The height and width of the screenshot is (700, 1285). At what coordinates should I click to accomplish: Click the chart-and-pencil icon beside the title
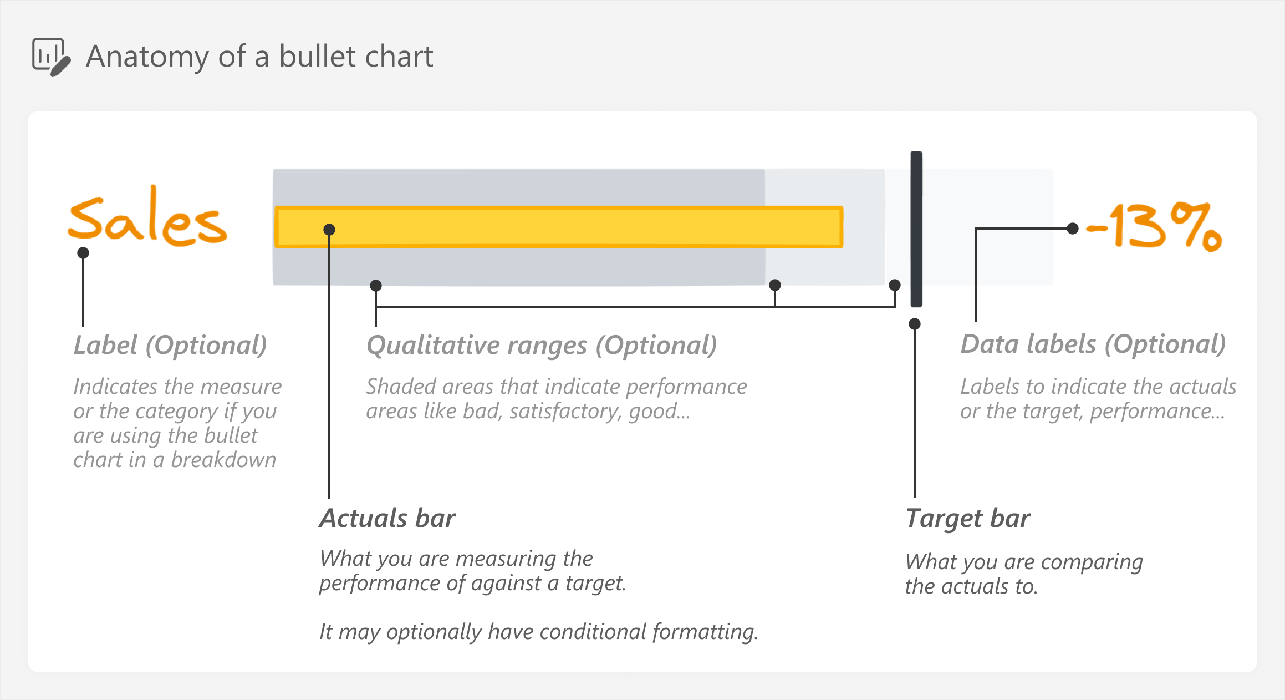pyautogui.click(x=51, y=57)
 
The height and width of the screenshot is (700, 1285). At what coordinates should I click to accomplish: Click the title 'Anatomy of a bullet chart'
pyautogui.click(x=259, y=57)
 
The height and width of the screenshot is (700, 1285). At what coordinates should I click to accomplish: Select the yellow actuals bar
pyautogui.click(x=559, y=227)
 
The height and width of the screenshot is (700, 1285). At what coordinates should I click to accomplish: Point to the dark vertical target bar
pyautogui.click(x=916, y=229)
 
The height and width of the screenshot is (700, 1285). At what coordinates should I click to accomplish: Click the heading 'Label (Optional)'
pyautogui.click(x=170, y=346)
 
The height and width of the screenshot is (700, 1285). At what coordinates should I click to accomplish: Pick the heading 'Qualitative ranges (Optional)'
pyautogui.click(x=542, y=346)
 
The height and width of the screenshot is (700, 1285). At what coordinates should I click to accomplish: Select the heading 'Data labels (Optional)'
pyautogui.click(x=1093, y=344)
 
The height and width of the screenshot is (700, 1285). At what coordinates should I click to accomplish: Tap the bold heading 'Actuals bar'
pyautogui.click(x=387, y=518)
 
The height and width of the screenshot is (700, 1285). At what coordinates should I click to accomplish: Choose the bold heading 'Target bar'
pyautogui.click(x=968, y=519)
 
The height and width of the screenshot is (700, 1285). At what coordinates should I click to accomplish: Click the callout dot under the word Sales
pyautogui.click(x=83, y=253)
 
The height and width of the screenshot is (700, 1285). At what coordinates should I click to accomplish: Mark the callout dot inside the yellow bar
pyautogui.click(x=329, y=229)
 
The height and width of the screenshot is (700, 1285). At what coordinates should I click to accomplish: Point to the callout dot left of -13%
pyautogui.click(x=1073, y=228)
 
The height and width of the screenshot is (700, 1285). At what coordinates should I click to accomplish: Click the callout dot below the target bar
pyautogui.click(x=915, y=324)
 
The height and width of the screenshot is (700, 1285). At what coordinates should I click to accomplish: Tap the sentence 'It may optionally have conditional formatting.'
pyautogui.click(x=539, y=632)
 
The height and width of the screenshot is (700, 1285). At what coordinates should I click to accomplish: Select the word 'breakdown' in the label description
pyautogui.click(x=223, y=460)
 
